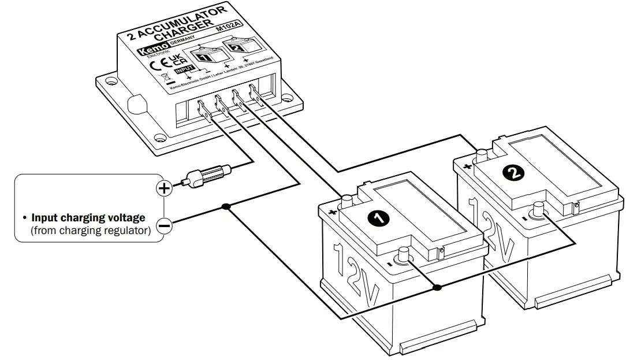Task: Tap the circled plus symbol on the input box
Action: tap(165, 188)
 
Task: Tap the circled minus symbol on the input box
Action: tap(165, 226)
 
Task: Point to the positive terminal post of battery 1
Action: tap(348, 202)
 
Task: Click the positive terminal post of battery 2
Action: tap(481, 155)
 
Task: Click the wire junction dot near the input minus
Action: tap(226, 207)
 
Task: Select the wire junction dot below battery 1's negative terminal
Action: tap(437, 287)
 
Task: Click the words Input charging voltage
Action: tap(88, 218)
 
